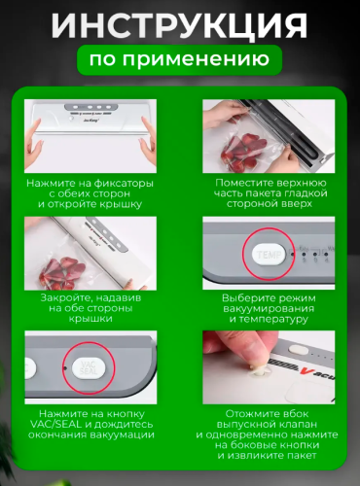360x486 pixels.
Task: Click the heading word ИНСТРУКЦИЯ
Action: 179,25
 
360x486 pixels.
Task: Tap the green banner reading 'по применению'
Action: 179,60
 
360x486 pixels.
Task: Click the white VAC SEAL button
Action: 89,368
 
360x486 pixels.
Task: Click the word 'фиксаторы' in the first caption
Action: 124,184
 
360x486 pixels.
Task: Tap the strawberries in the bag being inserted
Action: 243,150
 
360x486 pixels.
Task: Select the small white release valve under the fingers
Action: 260,371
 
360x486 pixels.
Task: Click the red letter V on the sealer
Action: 304,370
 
